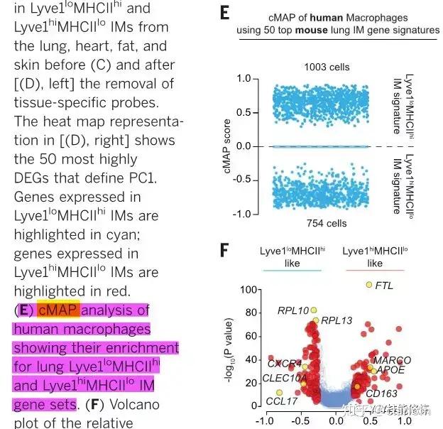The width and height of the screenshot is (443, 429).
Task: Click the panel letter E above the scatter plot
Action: [224, 12]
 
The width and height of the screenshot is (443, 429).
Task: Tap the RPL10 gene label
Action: [293, 310]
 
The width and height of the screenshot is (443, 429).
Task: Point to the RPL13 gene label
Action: [337, 320]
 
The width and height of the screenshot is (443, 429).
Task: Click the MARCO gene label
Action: [397, 361]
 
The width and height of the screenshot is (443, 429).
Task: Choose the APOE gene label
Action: [390, 370]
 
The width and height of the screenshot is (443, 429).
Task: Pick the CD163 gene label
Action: [382, 392]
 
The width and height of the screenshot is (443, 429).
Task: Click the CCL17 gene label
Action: [282, 401]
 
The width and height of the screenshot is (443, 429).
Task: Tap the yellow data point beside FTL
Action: [368, 285]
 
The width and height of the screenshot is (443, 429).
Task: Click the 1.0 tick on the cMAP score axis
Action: [263, 79]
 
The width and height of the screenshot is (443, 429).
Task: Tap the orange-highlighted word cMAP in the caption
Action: [60, 310]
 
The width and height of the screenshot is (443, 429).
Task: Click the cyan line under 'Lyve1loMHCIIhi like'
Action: [292, 270]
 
